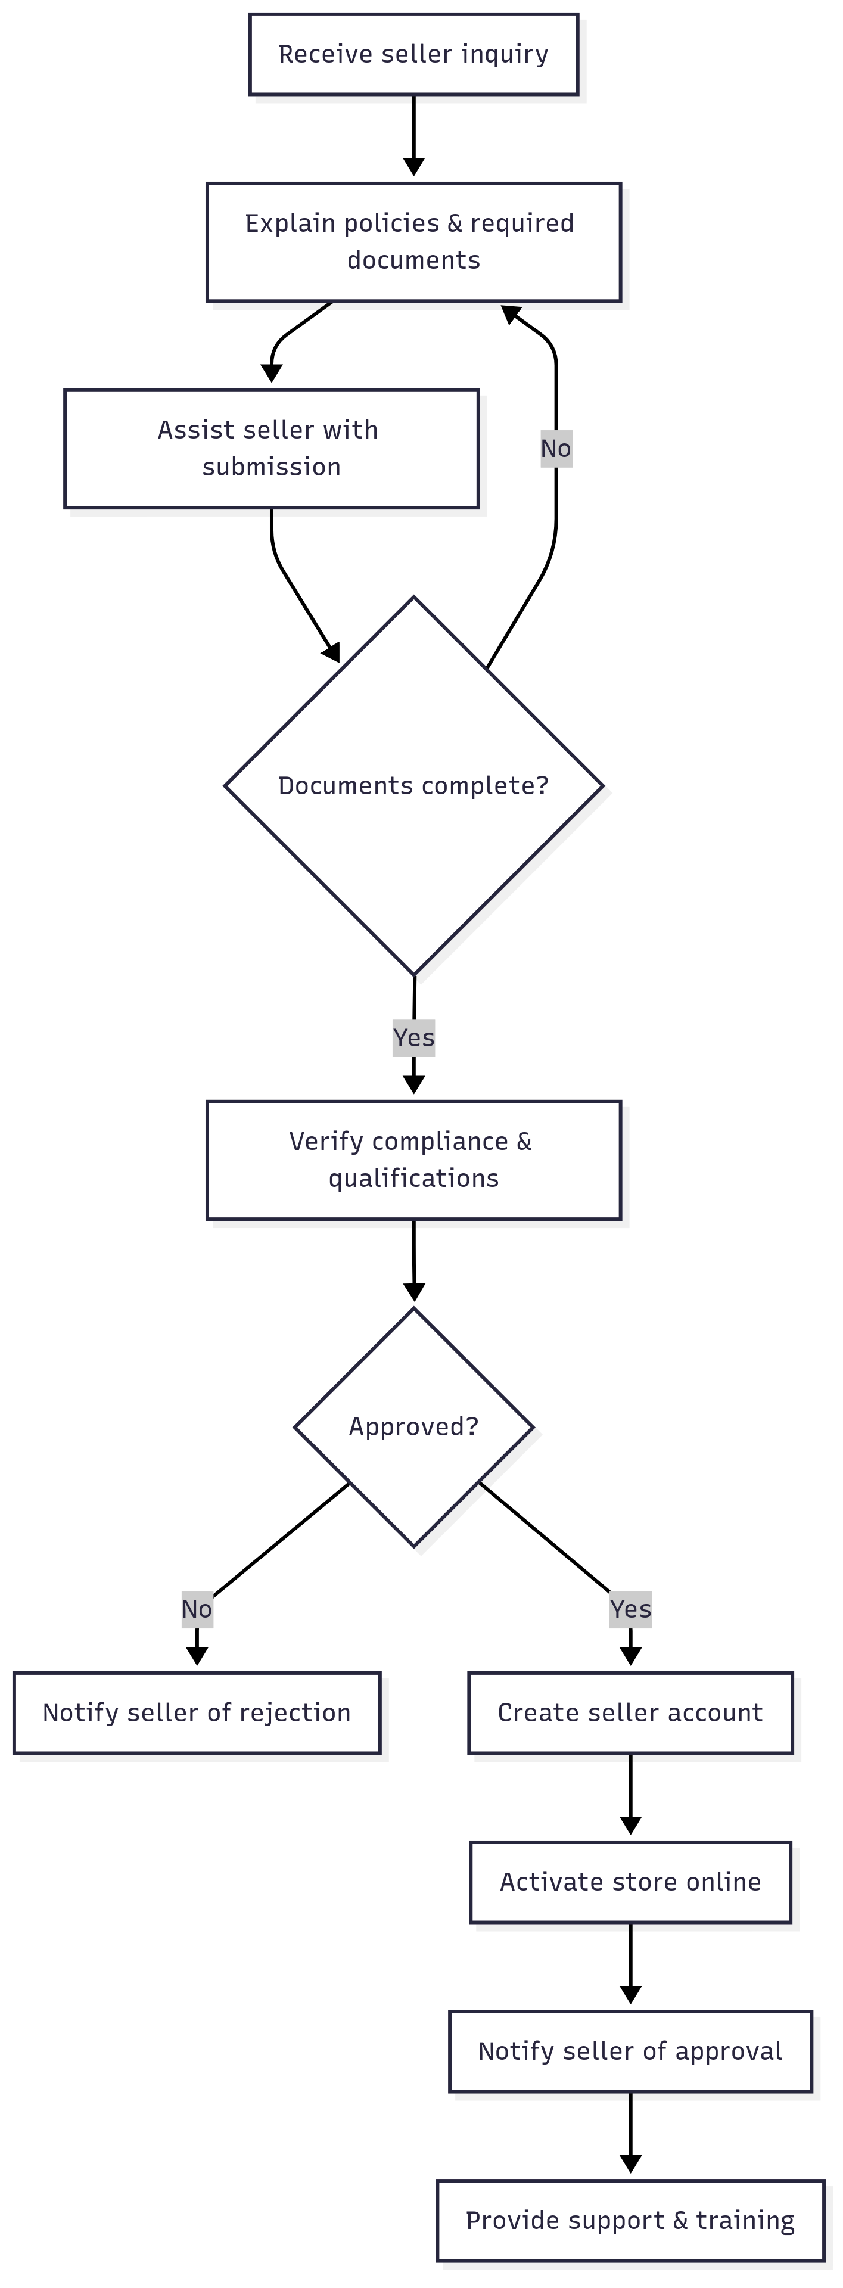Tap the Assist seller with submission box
click(x=271, y=449)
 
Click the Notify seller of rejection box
click(x=197, y=1712)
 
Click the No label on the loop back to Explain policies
click(x=556, y=449)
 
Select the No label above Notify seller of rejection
click(x=197, y=1609)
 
